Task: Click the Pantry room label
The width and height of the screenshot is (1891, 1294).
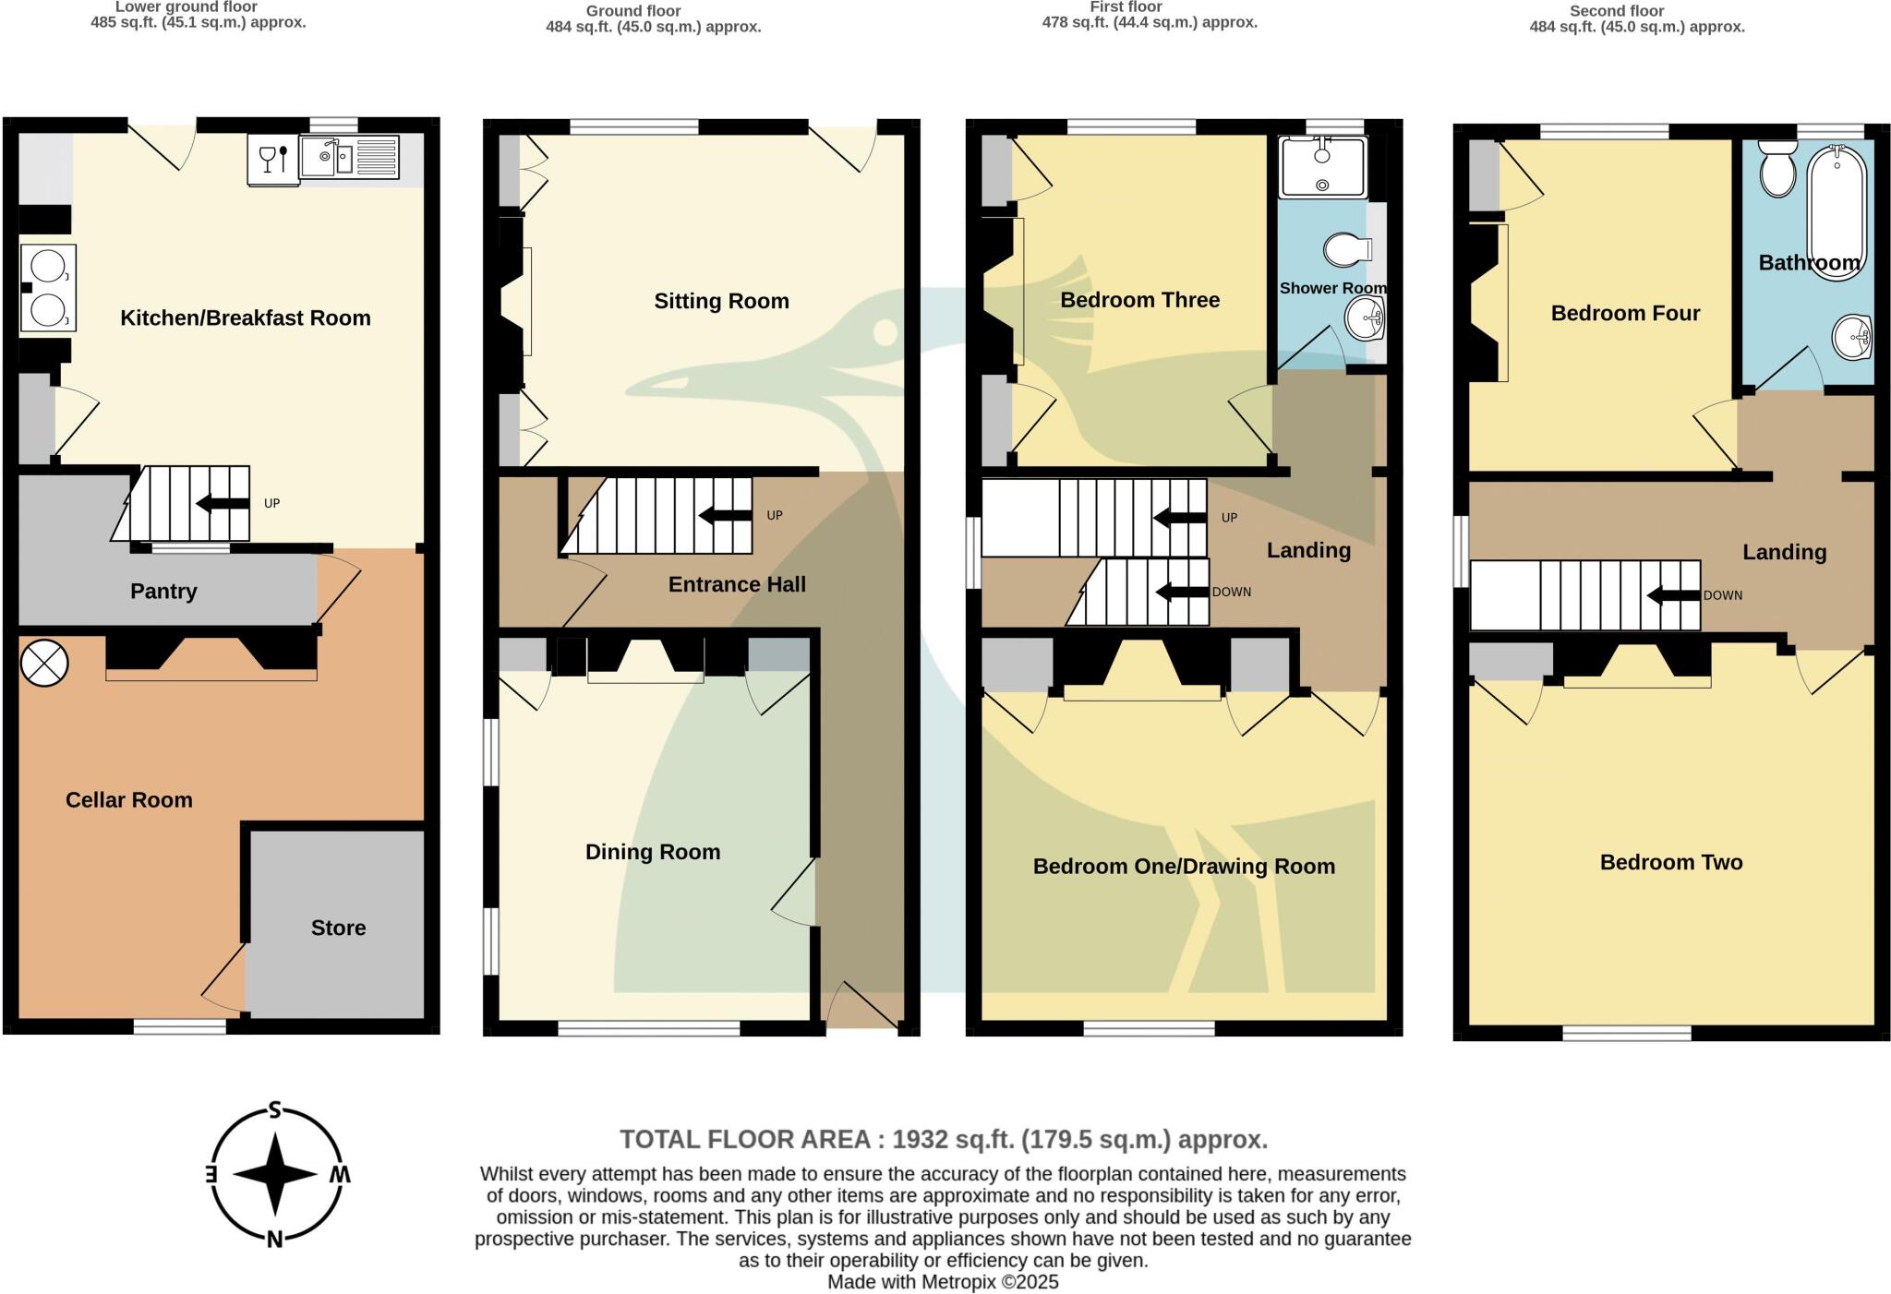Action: click(x=163, y=592)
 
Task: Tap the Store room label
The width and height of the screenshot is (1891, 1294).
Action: click(x=338, y=928)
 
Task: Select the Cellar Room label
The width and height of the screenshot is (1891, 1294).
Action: click(x=129, y=800)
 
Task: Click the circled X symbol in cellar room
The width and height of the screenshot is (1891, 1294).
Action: click(x=44, y=663)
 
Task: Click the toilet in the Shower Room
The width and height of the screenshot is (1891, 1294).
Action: click(x=1348, y=249)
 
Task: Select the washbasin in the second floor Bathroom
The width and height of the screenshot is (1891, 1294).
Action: click(x=1851, y=338)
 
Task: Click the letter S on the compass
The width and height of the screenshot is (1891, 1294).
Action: click(x=274, y=1109)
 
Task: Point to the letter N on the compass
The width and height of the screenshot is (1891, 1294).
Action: click(x=274, y=1240)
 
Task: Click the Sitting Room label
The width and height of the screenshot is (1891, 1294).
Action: click(x=721, y=301)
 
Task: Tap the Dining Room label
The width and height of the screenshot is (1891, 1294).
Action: click(x=653, y=852)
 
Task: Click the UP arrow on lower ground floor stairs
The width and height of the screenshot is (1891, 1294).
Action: click(x=223, y=504)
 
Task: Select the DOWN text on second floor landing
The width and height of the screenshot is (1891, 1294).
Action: click(x=1723, y=595)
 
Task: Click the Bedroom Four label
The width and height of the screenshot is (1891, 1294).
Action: click(x=1625, y=314)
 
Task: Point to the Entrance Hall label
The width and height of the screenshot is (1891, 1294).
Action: click(x=737, y=584)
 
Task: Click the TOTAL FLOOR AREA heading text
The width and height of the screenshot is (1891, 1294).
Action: click(x=943, y=1140)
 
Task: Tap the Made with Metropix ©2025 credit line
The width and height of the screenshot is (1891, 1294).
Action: click(x=943, y=1282)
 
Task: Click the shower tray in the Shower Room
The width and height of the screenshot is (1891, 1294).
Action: click(x=1322, y=167)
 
